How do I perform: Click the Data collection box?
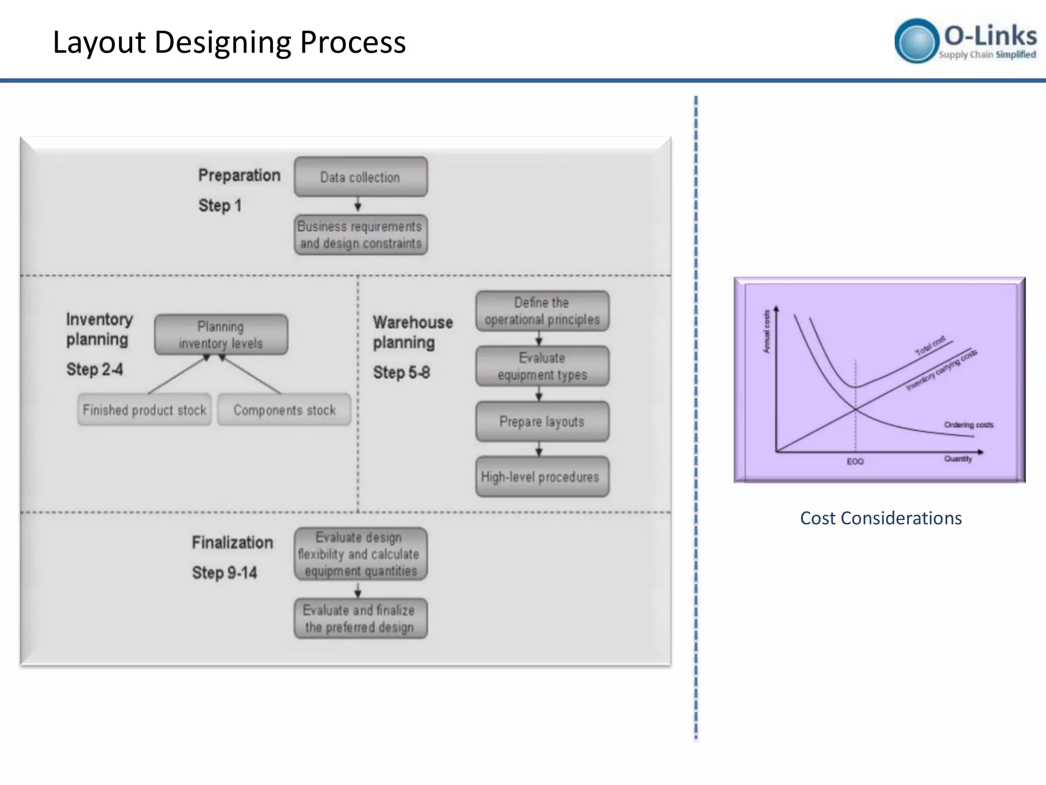[x=361, y=177]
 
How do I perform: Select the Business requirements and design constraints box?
[x=361, y=235]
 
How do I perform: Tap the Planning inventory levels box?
[x=221, y=335]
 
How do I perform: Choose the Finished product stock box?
[x=144, y=410]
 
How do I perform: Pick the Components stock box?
[x=284, y=410]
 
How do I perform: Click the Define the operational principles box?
[x=542, y=311]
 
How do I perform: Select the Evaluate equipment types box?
[x=542, y=366]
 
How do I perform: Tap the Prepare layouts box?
[x=542, y=422]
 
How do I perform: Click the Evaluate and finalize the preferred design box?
[x=361, y=618]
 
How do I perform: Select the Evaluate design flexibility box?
[x=361, y=554]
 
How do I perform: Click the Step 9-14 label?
[x=224, y=573]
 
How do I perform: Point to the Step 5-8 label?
[x=401, y=373]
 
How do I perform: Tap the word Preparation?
[x=239, y=175]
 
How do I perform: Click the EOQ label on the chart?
[x=855, y=461]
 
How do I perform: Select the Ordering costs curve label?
[x=968, y=425]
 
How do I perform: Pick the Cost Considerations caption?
[x=881, y=518]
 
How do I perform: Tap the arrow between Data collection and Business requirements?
[x=358, y=205]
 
